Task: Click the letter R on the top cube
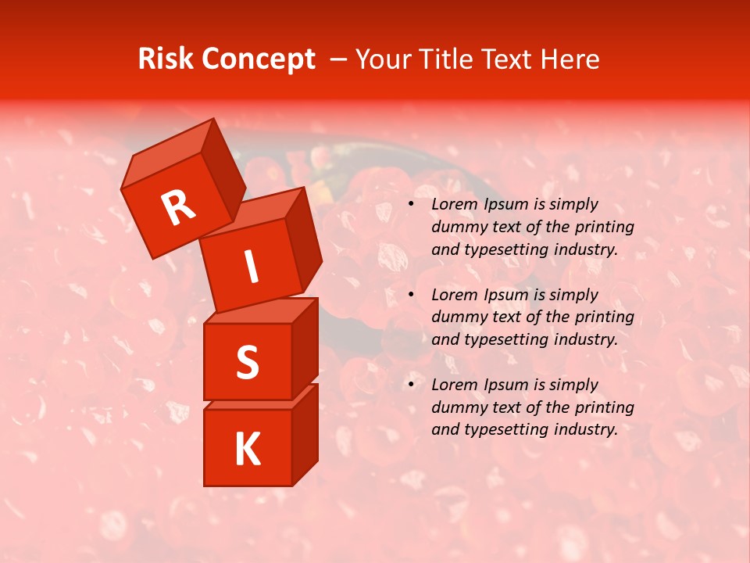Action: (178, 208)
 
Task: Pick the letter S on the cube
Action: (247, 362)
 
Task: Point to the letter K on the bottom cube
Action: (247, 449)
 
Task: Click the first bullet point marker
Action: (411, 205)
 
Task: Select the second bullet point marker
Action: (411, 296)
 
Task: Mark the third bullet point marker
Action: (411, 385)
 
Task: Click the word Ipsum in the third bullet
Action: (505, 385)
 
